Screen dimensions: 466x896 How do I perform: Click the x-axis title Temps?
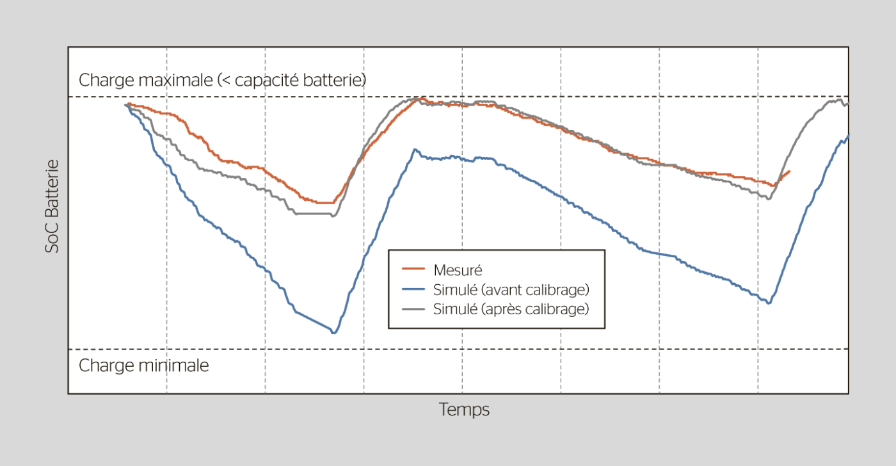coord(464,410)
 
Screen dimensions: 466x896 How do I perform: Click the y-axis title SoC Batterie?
coord(52,206)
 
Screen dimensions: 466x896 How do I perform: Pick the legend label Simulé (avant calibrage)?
coord(511,289)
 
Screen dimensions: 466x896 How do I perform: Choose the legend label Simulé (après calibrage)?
coord(511,309)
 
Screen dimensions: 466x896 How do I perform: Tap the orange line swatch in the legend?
coord(413,270)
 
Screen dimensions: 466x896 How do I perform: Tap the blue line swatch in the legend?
coord(413,289)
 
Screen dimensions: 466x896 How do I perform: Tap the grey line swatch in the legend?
coord(413,309)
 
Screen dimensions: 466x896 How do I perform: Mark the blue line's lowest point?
coord(333,332)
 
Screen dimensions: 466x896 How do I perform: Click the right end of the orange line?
coord(790,172)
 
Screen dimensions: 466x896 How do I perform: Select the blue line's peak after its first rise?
coord(415,150)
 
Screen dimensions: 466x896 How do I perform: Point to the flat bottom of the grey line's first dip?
coord(314,214)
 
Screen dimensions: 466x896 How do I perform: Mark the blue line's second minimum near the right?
coord(769,303)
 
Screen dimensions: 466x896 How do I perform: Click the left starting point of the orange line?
coord(128,104)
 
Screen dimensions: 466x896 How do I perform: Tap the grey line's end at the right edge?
coord(847,104)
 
